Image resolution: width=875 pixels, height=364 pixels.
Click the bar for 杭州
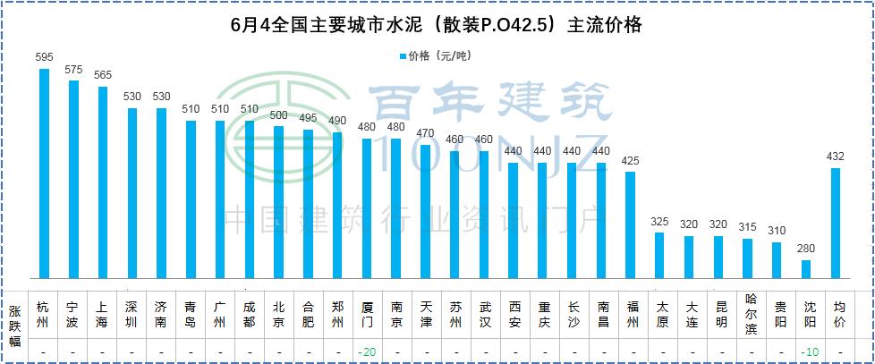click(x=44, y=174)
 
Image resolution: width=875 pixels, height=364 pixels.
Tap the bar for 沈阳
click(x=806, y=269)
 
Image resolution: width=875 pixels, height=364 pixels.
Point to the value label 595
click(x=44, y=57)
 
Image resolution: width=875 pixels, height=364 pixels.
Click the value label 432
click(x=836, y=157)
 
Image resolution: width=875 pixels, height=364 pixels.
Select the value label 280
click(x=806, y=250)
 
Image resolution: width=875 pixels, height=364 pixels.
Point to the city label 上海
click(x=102, y=314)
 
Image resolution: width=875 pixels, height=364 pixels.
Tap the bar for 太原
click(x=659, y=256)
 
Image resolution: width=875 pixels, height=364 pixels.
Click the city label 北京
click(x=278, y=314)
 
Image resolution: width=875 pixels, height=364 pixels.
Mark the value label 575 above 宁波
click(x=73, y=69)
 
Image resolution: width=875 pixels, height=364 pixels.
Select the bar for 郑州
click(x=337, y=206)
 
